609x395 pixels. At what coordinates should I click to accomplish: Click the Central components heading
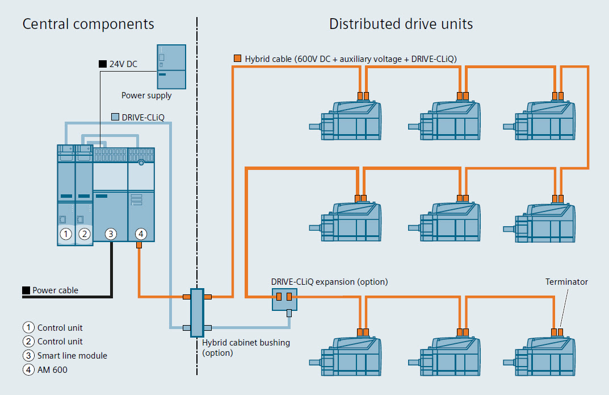tap(88, 24)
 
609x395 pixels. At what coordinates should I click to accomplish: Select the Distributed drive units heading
tap(401, 24)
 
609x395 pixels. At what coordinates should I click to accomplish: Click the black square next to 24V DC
tap(102, 64)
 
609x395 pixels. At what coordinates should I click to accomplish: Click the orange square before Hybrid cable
tap(238, 59)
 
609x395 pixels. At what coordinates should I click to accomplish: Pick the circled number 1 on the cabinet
tap(66, 234)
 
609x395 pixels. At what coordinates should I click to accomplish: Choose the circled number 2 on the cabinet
tap(84, 234)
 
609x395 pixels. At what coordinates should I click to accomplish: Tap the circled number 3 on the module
tap(111, 234)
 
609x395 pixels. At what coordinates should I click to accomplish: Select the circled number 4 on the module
tap(141, 234)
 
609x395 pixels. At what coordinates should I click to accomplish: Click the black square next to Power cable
tap(26, 290)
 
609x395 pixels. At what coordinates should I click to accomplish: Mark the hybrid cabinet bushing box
tap(197, 313)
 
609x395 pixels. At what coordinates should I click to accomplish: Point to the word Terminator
tap(566, 282)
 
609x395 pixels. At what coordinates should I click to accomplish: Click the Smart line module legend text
tap(72, 355)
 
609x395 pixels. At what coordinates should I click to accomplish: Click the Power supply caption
tap(146, 95)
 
